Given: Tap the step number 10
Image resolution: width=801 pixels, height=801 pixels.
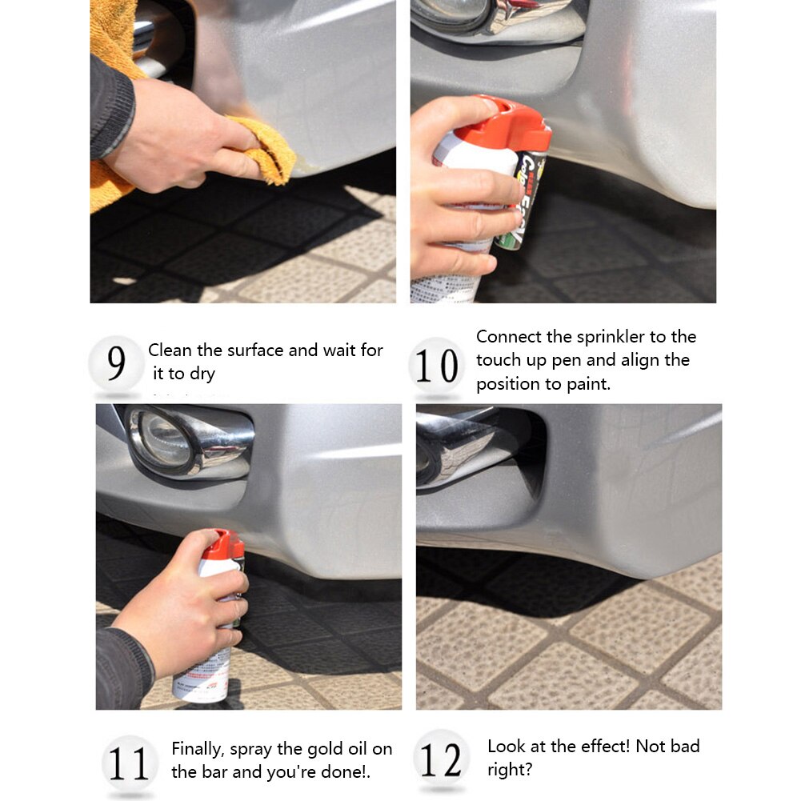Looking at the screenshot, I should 437,366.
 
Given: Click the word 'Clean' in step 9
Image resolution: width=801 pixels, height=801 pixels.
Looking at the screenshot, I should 170,350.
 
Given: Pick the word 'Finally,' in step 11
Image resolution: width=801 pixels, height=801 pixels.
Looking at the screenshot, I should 198,750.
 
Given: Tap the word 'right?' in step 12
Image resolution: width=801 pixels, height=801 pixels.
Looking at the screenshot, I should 510,770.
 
